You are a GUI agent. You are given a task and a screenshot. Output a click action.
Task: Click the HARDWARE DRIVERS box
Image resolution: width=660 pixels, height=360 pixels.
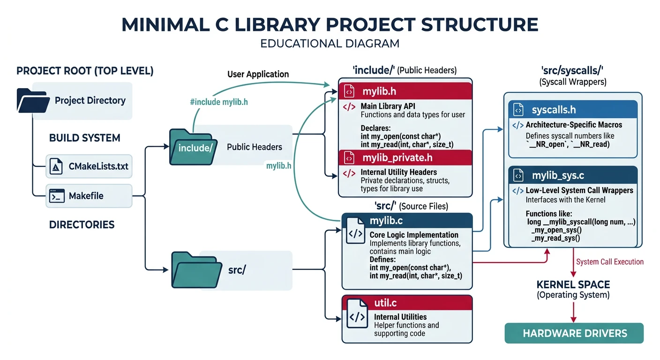(574, 333)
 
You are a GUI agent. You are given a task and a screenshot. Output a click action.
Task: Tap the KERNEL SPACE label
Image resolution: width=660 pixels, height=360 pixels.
(573, 285)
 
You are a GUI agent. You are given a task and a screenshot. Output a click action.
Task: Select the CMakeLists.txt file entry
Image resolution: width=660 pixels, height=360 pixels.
(89, 166)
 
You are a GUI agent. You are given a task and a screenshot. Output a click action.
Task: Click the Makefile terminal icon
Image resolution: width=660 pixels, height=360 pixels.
(57, 196)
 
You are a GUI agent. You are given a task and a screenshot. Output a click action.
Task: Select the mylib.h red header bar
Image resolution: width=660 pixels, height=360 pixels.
(405, 90)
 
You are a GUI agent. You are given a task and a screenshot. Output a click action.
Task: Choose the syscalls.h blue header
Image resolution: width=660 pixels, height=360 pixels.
(573, 110)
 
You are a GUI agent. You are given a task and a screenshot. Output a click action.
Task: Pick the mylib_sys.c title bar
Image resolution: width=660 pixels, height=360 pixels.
(573, 176)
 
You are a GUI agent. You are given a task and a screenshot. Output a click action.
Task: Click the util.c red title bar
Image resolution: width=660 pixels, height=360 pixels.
(407, 303)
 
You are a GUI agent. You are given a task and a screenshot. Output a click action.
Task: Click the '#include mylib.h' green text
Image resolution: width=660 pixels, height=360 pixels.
(219, 102)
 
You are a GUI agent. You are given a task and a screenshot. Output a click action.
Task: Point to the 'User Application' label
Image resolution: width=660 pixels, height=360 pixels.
(258, 74)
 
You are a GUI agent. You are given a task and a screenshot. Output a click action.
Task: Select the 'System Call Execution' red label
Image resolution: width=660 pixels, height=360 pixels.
(610, 262)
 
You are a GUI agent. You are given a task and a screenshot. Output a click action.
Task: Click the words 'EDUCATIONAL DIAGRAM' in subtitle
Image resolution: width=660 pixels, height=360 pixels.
(330, 44)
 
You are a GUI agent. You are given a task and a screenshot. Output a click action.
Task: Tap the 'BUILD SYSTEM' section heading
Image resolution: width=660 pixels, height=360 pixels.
(84, 138)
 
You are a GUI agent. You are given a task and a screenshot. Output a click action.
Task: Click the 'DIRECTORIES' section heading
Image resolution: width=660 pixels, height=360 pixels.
(82, 225)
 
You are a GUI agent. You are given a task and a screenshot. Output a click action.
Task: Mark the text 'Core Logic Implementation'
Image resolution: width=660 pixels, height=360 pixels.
(414, 235)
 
